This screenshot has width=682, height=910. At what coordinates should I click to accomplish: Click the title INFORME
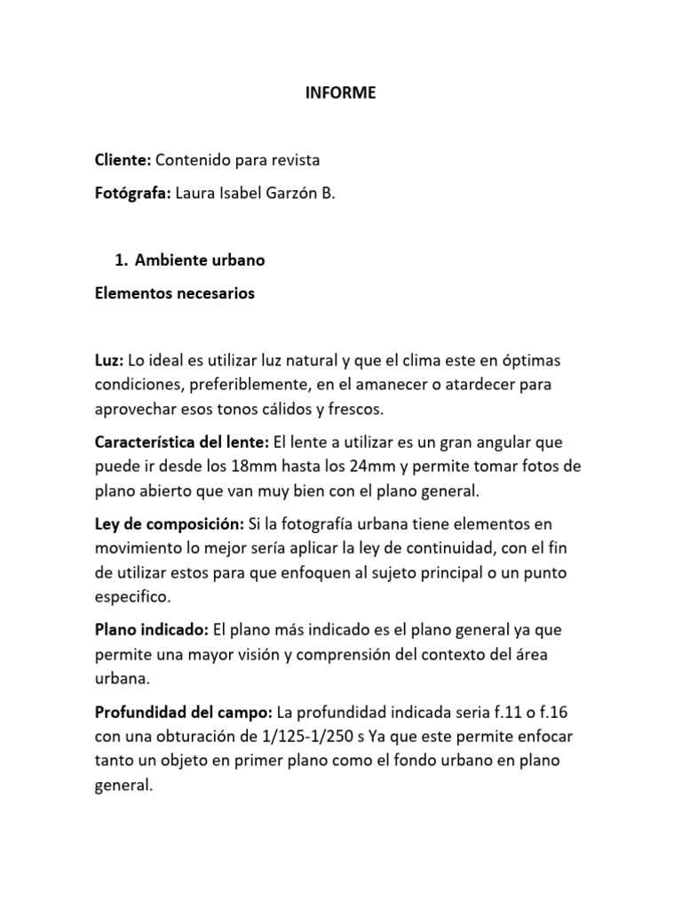[341, 92]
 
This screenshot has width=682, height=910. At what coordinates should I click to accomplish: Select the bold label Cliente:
[123, 160]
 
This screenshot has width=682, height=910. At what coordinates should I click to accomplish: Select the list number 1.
[121, 260]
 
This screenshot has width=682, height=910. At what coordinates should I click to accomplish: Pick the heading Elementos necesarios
[174, 294]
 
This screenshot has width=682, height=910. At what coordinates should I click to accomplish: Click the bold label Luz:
[110, 361]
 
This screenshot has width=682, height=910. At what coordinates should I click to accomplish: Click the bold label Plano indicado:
[151, 629]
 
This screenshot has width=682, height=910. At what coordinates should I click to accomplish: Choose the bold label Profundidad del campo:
[184, 712]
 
